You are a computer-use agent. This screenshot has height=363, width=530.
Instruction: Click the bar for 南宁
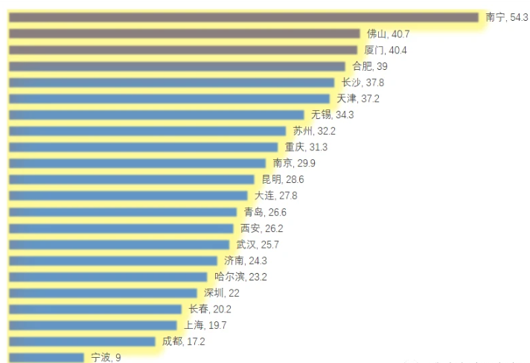[x=243, y=17]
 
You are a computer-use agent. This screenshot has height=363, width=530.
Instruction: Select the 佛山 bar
[x=184, y=33]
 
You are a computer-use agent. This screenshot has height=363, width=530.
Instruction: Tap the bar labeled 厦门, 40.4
[x=183, y=50]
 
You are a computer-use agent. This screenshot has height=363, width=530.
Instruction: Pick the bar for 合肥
[x=177, y=66]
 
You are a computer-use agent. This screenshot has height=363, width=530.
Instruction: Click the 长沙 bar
[x=172, y=83]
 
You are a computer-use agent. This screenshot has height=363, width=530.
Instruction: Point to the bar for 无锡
[x=156, y=115]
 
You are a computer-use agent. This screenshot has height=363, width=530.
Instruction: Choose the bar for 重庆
[x=143, y=147]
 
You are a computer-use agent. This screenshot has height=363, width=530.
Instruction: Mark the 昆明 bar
[x=131, y=179]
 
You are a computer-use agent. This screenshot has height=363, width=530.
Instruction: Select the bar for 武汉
[x=119, y=245]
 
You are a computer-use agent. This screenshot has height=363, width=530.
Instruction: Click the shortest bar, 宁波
[x=46, y=358]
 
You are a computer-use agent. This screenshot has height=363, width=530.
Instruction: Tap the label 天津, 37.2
[x=360, y=98]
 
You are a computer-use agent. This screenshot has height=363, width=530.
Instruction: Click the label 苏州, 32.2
[x=314, y=131]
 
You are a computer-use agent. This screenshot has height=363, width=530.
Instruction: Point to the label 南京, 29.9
[x=294, y=163]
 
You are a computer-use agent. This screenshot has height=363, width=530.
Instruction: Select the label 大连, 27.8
[x=275, y=196]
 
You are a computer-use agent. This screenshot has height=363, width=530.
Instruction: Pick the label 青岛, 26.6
[x=265, y=212]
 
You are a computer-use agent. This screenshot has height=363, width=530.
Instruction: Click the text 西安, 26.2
[x=261, y=228]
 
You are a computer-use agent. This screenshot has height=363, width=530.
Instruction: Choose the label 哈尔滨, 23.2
[x=240, y=277]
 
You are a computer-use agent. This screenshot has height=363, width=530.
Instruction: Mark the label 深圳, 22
[x=222, y=293]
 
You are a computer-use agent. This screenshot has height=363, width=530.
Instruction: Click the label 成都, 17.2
[x=183, y=341]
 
